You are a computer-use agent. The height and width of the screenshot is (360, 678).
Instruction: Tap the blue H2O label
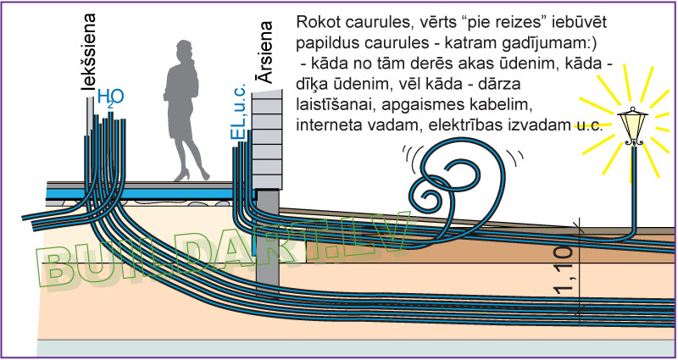point(108,97)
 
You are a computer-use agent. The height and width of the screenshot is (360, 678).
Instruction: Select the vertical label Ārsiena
point(266,53)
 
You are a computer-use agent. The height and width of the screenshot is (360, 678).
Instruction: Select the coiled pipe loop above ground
point(449,182)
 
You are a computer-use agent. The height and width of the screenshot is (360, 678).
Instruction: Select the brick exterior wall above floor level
point(268,140)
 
